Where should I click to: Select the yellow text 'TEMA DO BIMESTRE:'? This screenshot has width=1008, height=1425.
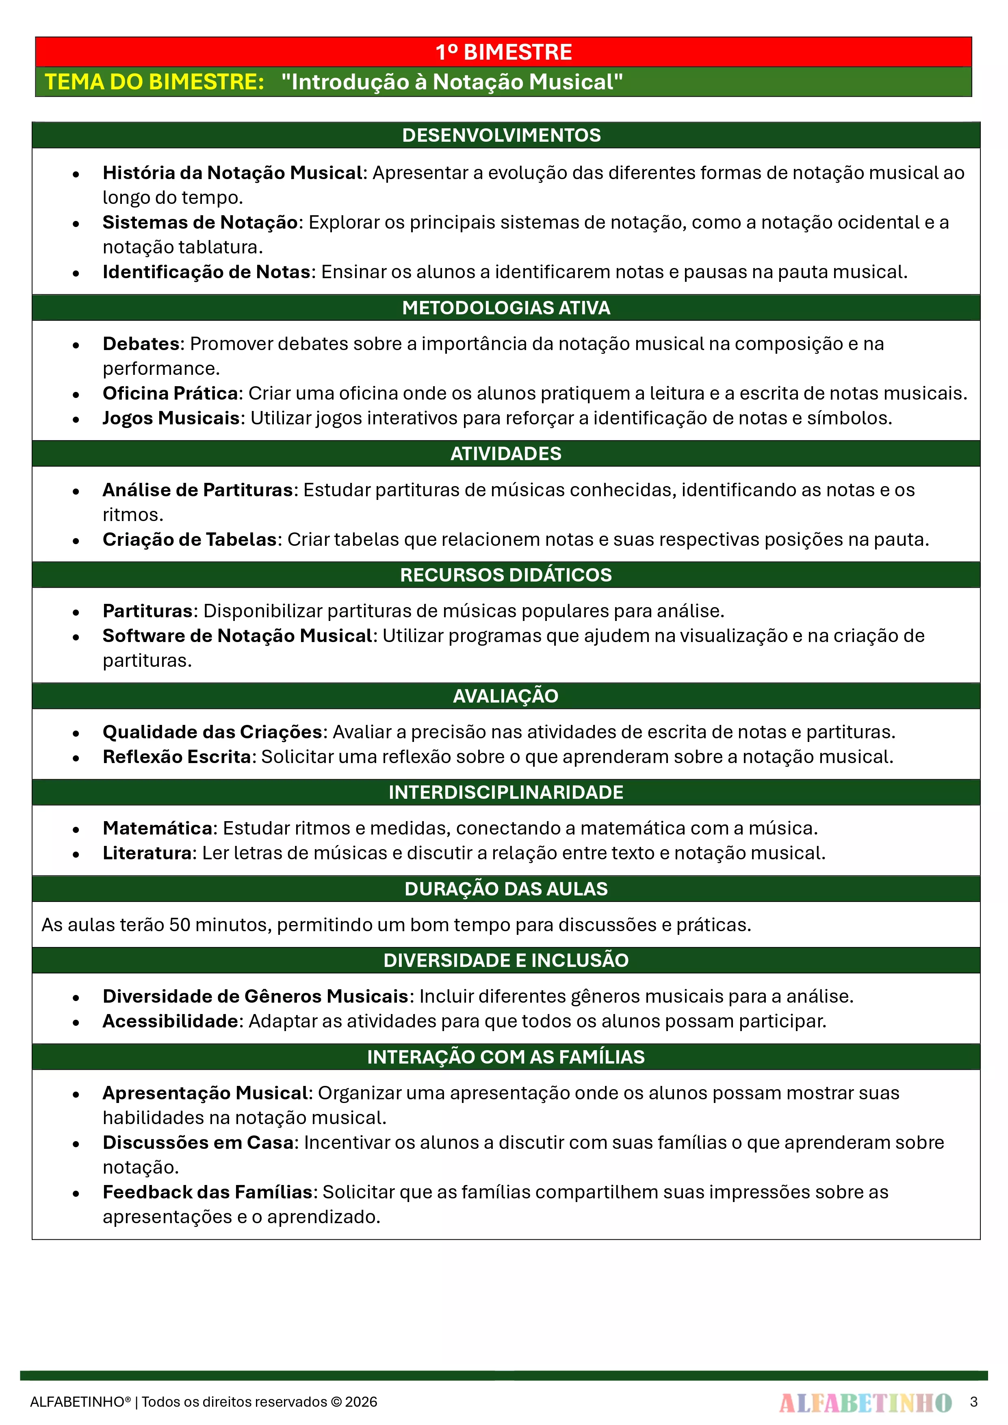click(154, 82)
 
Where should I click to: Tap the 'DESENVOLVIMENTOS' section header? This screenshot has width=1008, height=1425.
click(501, 135)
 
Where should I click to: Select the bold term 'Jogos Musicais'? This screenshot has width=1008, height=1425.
click(171, 418)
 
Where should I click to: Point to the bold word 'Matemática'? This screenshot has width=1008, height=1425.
click(158, 828)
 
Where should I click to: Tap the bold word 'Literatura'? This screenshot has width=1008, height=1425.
click(147, 853)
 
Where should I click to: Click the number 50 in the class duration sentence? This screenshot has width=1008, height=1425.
click(180, 925)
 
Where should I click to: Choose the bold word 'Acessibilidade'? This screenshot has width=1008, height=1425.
click(170, 1021)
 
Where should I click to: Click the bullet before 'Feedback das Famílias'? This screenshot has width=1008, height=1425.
click(76, 1193)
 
